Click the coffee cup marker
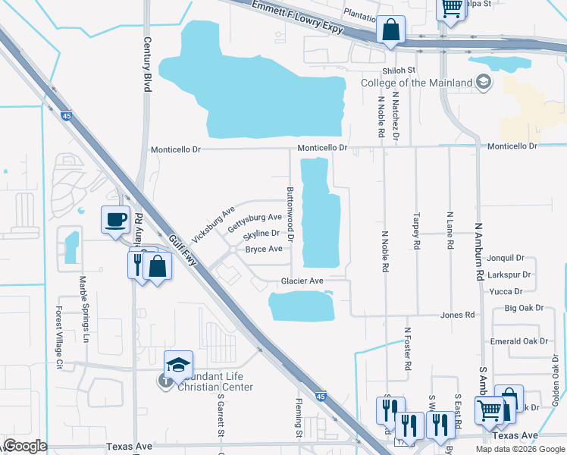(116, 220)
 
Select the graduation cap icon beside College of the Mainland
(482, 82)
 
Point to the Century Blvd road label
(148, 64)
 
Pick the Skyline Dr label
(262, 234)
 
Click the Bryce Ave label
(264, 249)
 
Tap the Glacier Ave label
(302, 281)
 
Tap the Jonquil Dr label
(506, 258)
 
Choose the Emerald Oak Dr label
(518, 341)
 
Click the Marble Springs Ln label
(83, 306)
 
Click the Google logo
(25, 446)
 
